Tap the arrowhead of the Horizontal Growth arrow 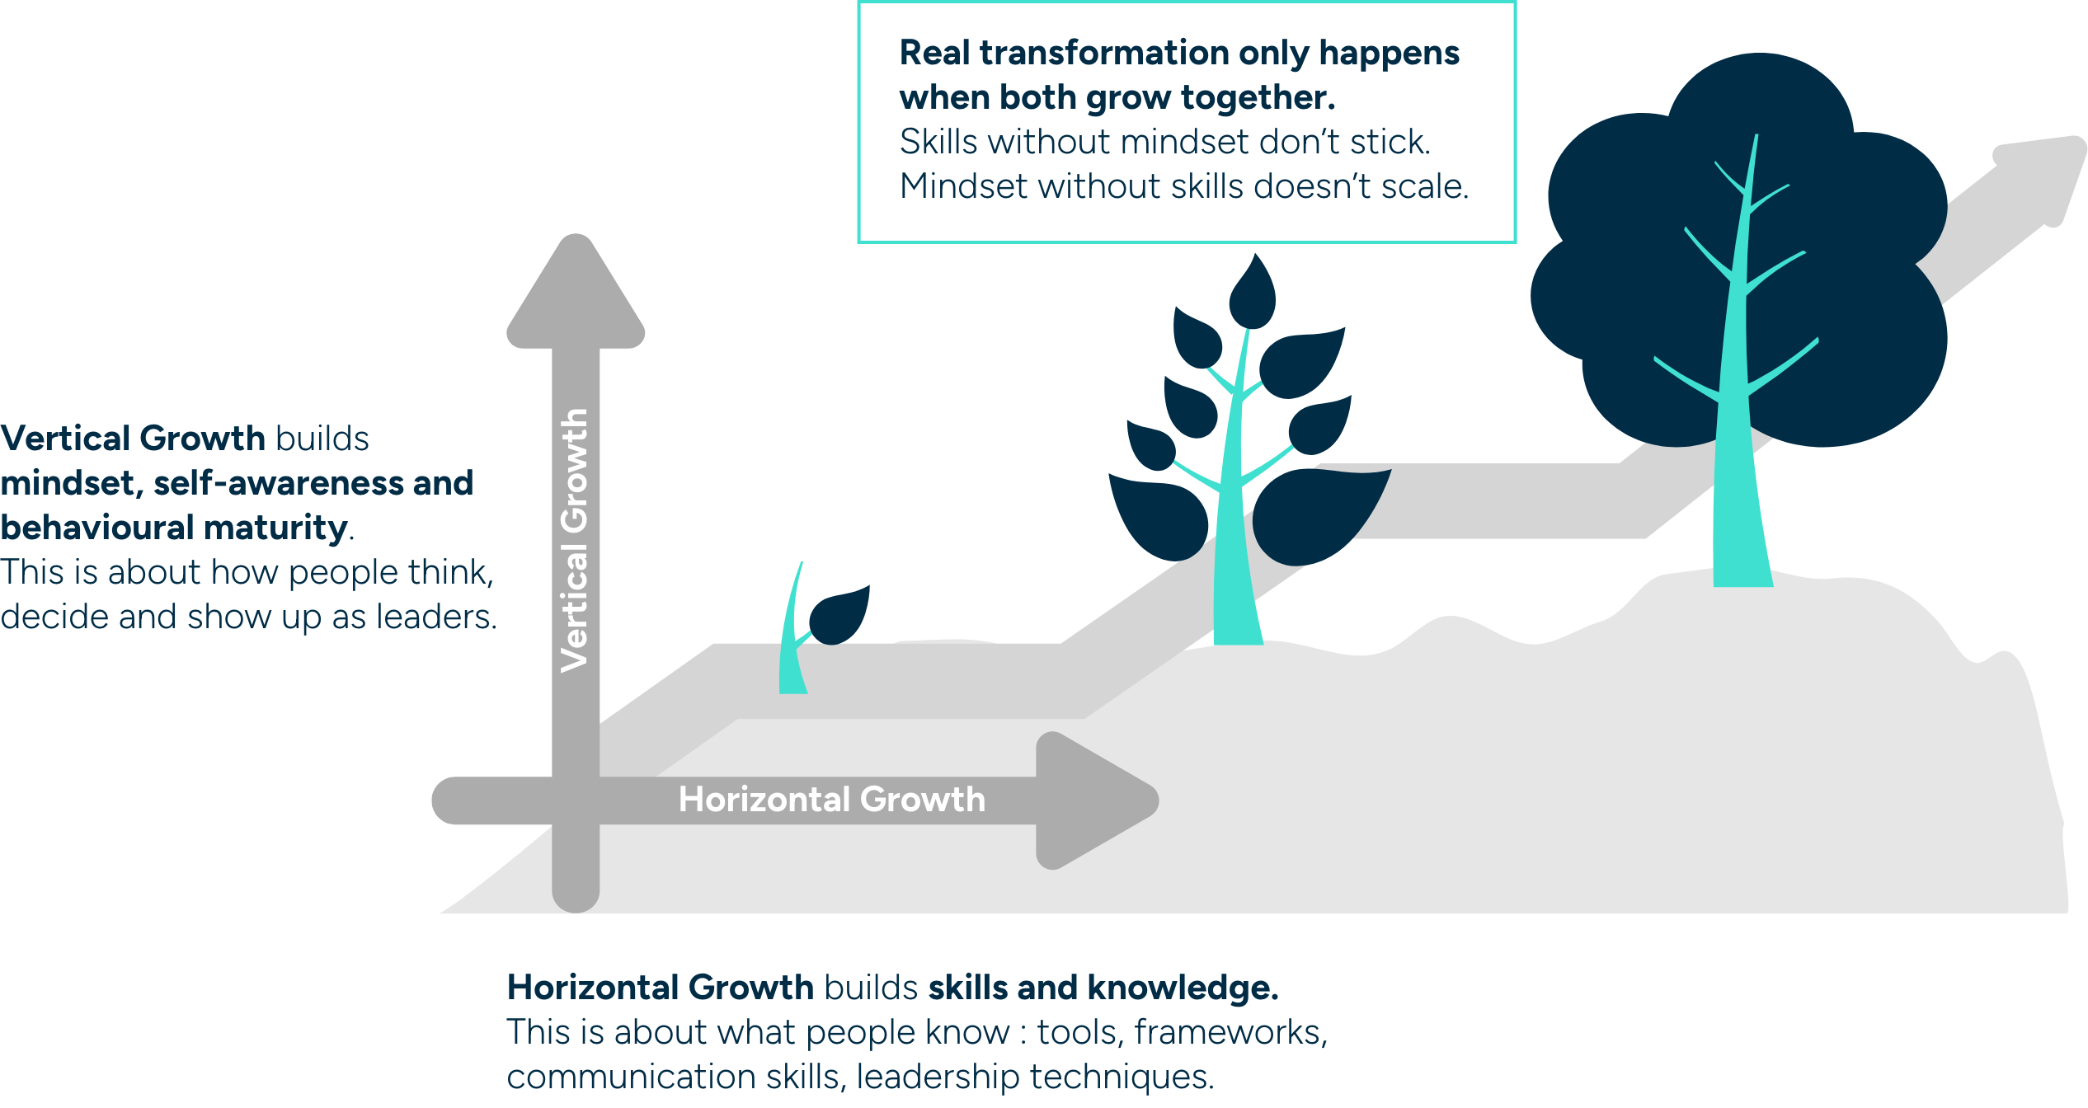tap(1089, 800)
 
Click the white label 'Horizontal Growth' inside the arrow tap(831, 800)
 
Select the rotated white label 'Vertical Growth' tap(575, 540)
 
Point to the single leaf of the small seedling tap(839, 615)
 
